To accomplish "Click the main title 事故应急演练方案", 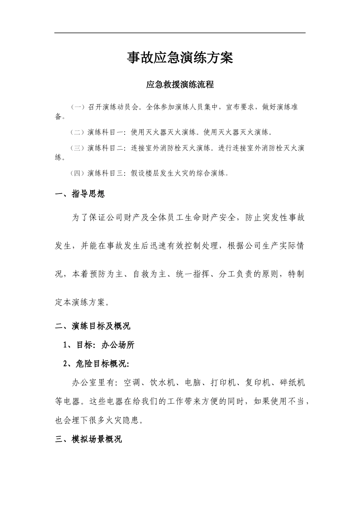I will pyautogui.click(x=180, y=58).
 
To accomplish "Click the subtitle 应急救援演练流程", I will pyautogui.click(x=180, y=85).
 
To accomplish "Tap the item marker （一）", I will pyautogui.click(x=78, y=107).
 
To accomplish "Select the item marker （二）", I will pyautogui.click(x=78, y=133).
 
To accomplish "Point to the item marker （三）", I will pyautogui.click(x=78, y=148).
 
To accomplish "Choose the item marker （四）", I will pyautogui.click(x=78, y=173).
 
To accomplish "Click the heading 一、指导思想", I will pyautogui.click(x=80, y=194).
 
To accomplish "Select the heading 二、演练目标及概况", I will pyautogui.click(x=93, y=326).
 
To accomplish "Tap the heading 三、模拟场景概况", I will pyautogui.click(x=89, y=440).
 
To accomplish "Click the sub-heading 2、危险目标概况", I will pyautogui.click(x=97, y=364).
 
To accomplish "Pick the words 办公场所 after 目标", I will pyautogui.click(x=118, y=345).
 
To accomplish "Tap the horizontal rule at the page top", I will pyautogui.click(x=180, y=33).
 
